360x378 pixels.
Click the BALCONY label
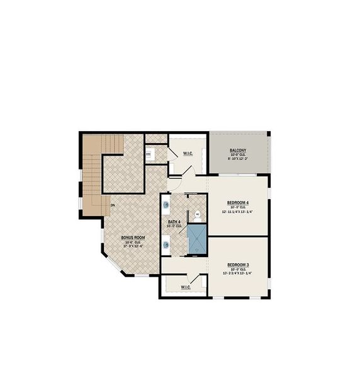coord(238,149)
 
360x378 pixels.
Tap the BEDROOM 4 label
coord(238,202)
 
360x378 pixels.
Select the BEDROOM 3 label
coord(238,264)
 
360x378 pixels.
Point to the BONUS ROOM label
coord(133,238)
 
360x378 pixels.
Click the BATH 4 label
coord(174,222)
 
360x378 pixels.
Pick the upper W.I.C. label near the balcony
coord(188,153)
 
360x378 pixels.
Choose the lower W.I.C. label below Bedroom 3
coord(186,287)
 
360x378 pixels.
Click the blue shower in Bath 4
coord(197,240)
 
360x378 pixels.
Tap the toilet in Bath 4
coord(197,215)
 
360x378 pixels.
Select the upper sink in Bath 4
coord(166,204)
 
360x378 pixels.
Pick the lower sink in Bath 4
coord(166,244)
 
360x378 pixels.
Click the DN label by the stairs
coord(113,205)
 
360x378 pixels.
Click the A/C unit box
coord(149,153)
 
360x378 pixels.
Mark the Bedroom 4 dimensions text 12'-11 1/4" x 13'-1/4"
coord(238,212)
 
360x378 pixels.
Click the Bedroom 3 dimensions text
coord(238,273)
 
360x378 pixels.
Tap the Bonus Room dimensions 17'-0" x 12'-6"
coord(133,246)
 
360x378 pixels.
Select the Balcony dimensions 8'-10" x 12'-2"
coord(238,159)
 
